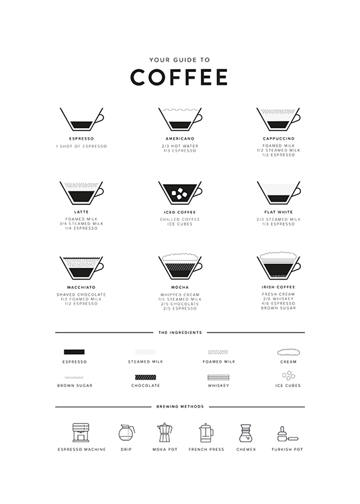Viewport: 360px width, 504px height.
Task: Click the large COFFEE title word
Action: pos(179,77)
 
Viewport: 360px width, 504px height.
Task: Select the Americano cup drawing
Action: pos(180,120)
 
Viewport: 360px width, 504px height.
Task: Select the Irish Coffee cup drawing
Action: pos(278,267)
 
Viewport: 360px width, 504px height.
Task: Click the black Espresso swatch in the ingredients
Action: pos(74,351)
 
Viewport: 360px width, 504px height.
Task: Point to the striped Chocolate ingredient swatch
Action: pos(145,376)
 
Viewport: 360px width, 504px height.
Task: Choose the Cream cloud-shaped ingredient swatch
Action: pos(288,351)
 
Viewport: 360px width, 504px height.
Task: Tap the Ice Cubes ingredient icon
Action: pos(288,376)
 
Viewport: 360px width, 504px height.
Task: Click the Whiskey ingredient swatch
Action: pos(219,376)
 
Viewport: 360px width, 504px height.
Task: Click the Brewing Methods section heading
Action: pos(179,407)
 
